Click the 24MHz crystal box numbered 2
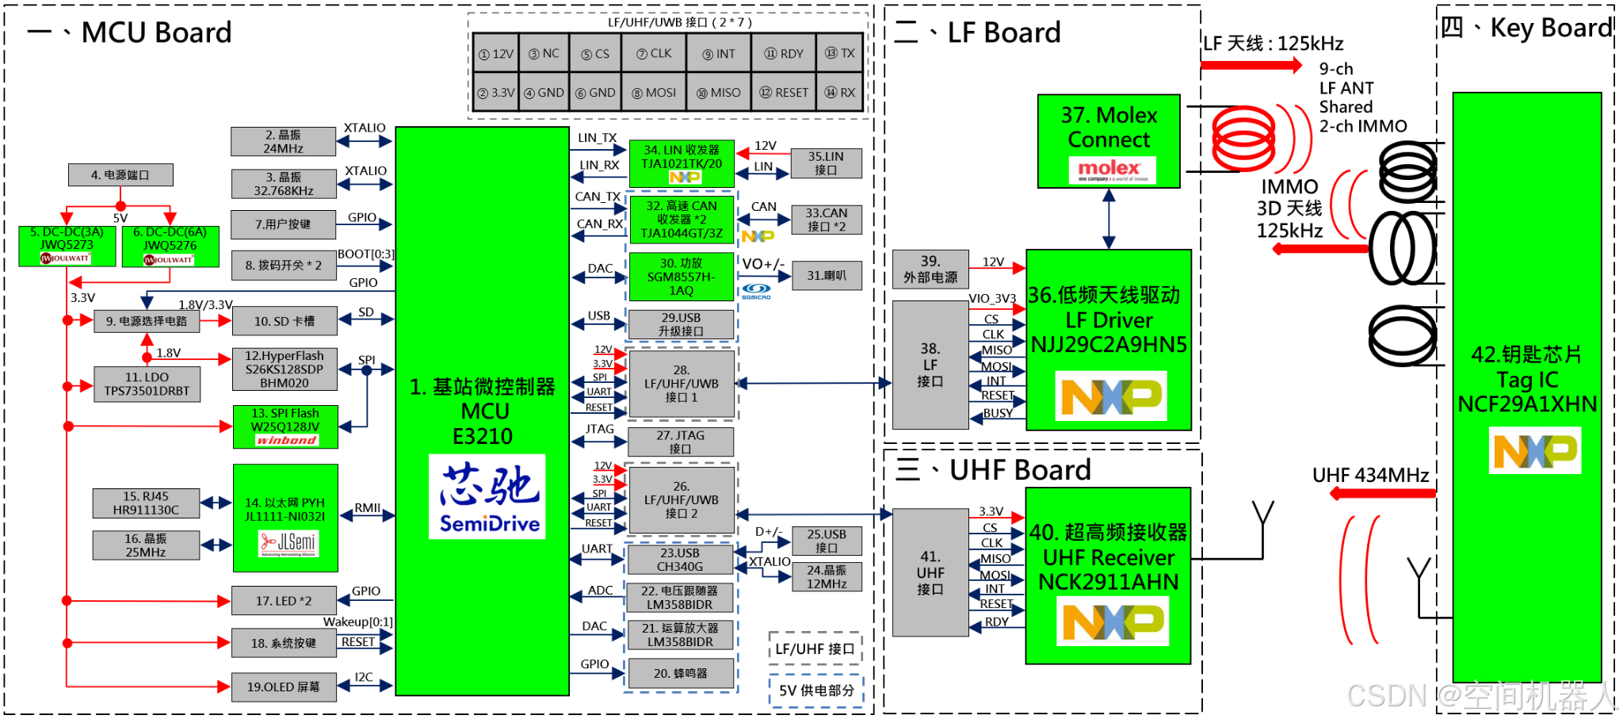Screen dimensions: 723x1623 [x=283, y=142]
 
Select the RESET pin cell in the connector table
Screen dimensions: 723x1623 [x=783, y=93]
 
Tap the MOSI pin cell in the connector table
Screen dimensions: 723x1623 [x=654, y=93]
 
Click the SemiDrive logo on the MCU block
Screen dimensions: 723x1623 [x=487, y=497]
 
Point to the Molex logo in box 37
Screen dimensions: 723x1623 [x=1109, y=170]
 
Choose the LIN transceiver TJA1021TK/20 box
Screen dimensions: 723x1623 [x=682, y=163]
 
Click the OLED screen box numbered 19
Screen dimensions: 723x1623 [x=283, y=687]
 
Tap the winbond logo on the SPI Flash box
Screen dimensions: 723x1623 [x=286, y=440]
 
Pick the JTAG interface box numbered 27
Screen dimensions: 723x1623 [x=680, y=442]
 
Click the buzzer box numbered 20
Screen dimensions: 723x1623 [x=680, y=674]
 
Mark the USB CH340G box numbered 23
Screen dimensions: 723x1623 [x=679, y=560]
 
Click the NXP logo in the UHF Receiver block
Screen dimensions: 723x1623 [x=1113, y=622]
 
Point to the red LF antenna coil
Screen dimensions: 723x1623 [x=1244, y=140]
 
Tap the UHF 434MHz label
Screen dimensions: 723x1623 [x=1370, y=476]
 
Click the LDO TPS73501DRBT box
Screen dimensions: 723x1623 [x=147, y=384]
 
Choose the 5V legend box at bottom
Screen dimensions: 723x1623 [x=815, y=690]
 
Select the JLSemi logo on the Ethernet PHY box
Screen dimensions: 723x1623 [x=287, y=544]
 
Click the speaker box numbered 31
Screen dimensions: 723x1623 [x=826, y=276]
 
